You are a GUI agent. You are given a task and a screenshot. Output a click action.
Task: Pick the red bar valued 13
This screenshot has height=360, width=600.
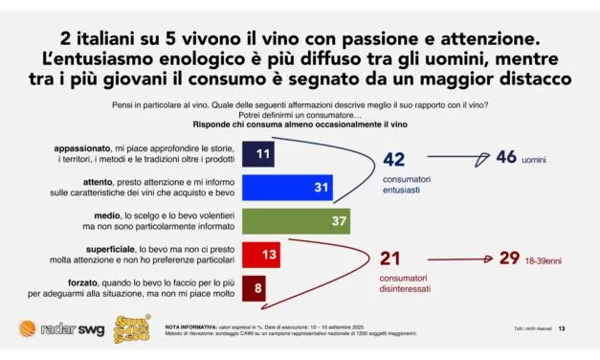263,256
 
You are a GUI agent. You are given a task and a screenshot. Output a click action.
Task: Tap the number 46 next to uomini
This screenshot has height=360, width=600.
505,157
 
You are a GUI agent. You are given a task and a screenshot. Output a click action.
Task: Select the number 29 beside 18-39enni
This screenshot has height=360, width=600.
509,259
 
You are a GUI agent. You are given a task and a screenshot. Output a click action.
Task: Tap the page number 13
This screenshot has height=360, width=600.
562,329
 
